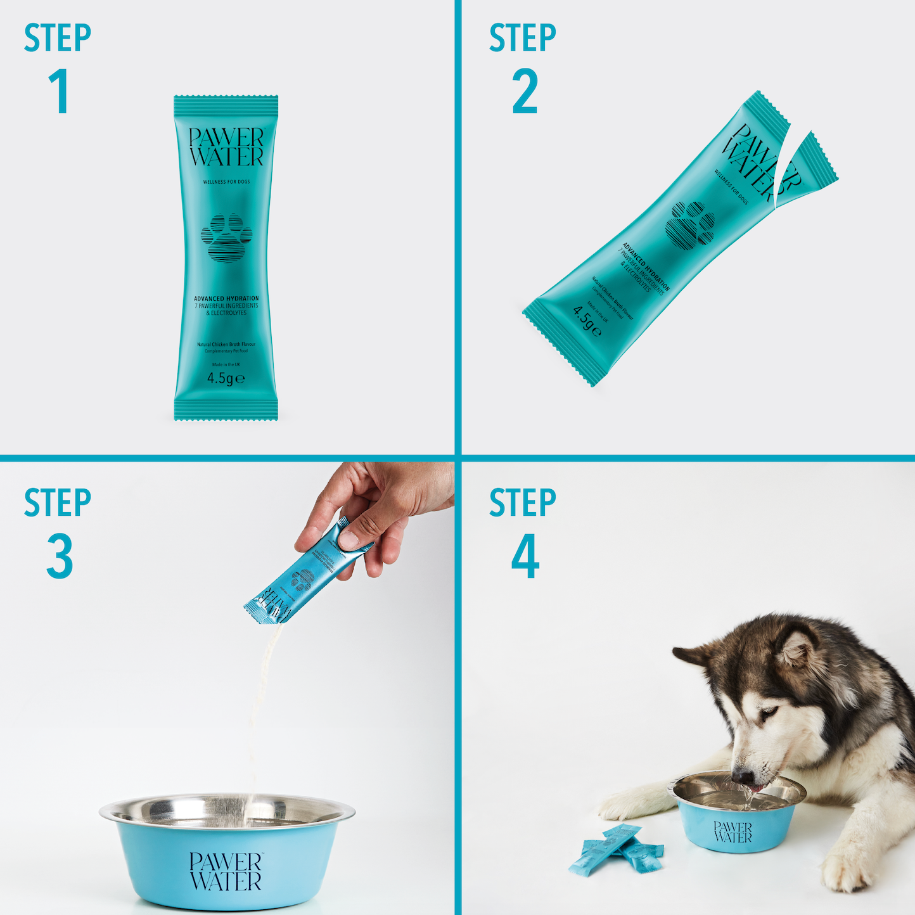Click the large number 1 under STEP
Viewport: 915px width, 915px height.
pos(60,92)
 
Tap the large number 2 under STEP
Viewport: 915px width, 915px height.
pos(525,93)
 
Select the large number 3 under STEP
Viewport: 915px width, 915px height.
pos(60,556)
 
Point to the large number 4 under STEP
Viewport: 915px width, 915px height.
pos(525,556)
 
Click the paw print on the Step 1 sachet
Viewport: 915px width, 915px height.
pos(226,238)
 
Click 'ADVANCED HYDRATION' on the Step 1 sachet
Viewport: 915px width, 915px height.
pos(226,298)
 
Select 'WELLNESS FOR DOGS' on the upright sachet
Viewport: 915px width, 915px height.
pos(226,182)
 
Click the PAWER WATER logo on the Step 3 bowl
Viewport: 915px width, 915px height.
pos(226,871)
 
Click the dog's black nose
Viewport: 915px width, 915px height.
pos(742,777)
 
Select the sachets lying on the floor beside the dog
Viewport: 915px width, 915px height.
pos(615,849)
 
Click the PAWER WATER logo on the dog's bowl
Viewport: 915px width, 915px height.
pos(733,832)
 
